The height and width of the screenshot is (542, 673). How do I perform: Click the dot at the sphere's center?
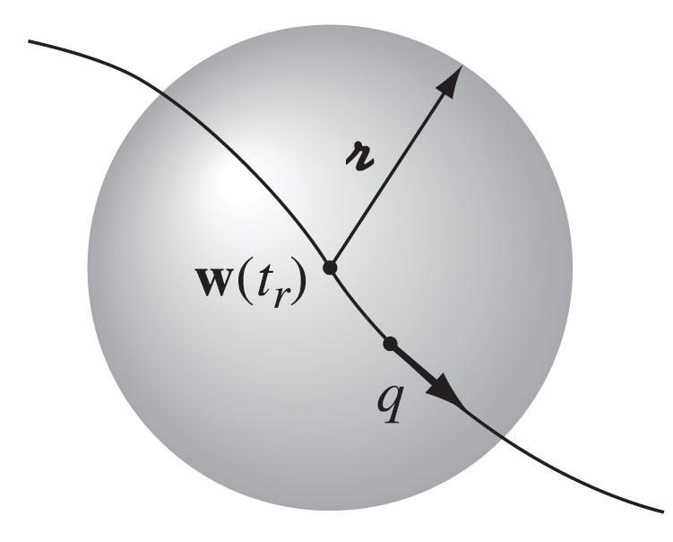330,267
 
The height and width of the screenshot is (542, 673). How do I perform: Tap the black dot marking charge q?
389,343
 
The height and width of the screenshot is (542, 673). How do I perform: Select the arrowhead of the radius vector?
453,78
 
